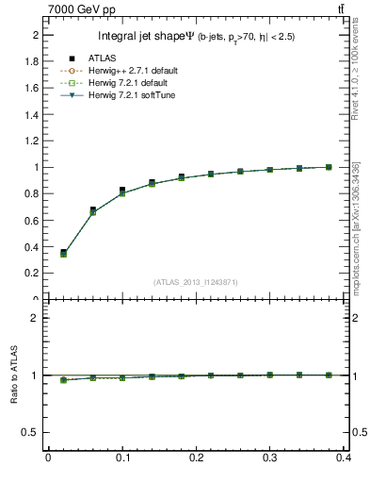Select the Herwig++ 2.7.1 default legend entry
click(x=129, y=72)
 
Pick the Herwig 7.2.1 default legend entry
click(x=126, y=83)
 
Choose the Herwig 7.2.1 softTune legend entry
click(x=128, y=95)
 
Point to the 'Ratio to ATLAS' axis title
click(x=14, y=375)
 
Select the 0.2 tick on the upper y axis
click(x=34, y=273)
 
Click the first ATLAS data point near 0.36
click(x=63, y=252)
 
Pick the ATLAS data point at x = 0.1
click(x=122, y=190)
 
